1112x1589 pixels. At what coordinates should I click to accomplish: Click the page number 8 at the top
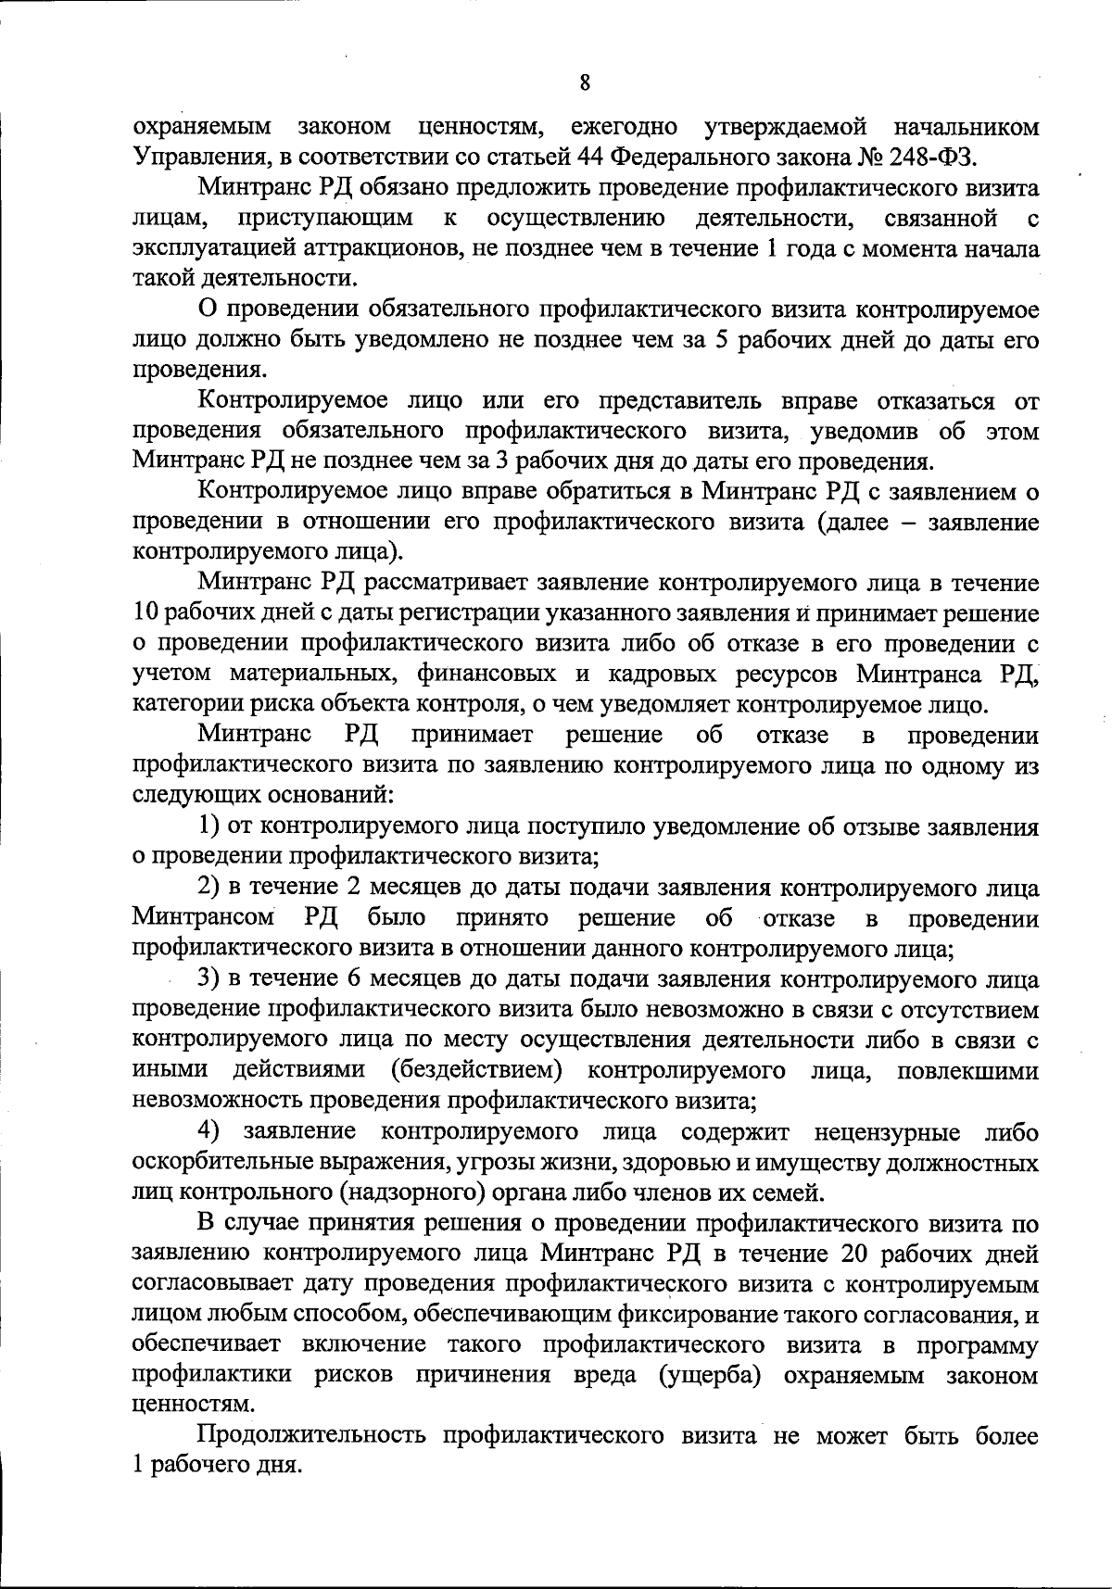coord(584,82)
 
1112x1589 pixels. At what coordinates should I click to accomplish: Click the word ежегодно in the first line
coord(622,126)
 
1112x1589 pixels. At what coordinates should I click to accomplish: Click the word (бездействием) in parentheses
coord(476,1071)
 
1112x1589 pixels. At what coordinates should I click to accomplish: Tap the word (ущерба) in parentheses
coord(711,1376)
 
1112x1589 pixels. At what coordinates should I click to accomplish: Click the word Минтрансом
coord(205,918)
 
